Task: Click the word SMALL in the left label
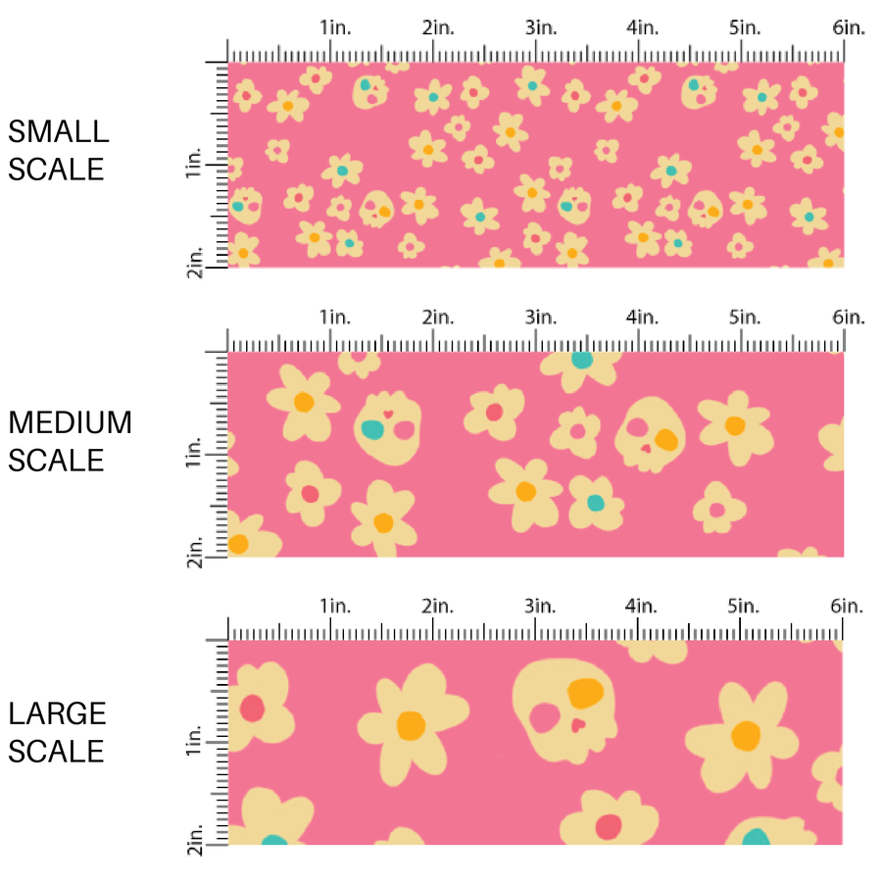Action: [58, 131]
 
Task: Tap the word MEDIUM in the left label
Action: [70, 422]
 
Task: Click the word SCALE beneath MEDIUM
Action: [56, 460]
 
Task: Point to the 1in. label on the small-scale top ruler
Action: [334, 27]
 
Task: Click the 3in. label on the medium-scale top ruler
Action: [540, 318]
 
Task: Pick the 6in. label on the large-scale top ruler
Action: [849, 607]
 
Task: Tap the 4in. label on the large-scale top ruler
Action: [643, 607]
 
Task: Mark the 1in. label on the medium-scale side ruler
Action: [195, 454]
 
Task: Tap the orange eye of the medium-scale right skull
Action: [664, 439]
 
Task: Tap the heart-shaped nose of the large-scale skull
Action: [578, 725]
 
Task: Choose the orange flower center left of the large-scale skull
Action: [411, 725]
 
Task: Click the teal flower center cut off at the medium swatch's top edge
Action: [582, 359]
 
